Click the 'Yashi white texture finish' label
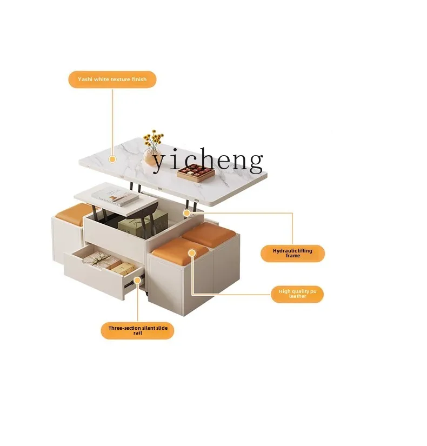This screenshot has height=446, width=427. pos(112,79)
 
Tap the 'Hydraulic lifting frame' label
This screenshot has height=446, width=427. pos(292,254)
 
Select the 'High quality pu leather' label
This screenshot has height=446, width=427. pos(297,294)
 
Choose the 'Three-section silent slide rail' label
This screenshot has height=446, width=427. pos(137,330)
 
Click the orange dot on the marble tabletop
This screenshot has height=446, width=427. pos(112,159)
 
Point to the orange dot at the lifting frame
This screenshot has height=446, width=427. pos(186,213)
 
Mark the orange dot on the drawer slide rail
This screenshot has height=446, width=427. pos(137,280)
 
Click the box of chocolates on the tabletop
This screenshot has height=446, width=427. pos(195,172)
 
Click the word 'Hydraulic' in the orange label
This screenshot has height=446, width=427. pos(281,251)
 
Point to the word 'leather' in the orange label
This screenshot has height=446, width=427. pos(297,296)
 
